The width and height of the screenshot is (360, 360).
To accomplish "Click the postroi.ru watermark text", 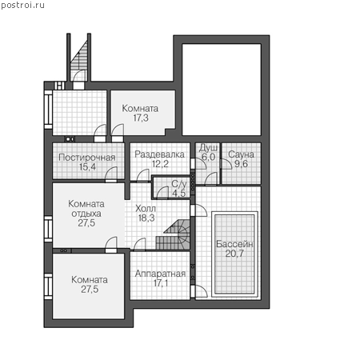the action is click(x=22, y=6).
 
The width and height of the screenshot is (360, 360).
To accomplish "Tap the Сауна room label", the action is click(x=241, y=154).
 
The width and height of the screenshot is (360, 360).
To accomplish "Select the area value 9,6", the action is click(x=241, y=164).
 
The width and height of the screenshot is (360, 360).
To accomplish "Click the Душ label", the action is click(x=208, y=148).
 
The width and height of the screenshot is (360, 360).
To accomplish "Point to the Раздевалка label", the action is click(x=159, y=154).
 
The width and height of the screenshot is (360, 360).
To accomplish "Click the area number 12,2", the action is click(x=160, y=164).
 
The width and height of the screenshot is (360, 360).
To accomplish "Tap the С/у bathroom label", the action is click(x=179, y=184).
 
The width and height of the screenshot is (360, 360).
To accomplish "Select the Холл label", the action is click(x=146, y=208).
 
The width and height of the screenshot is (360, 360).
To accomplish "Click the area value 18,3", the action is click(x=146, y=218).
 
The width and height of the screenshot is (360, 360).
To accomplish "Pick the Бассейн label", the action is click(x=234, y=244).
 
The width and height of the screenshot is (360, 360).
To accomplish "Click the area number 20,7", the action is click(x=234, y=254).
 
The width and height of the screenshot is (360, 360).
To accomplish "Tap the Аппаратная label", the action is click(x=160, y=274).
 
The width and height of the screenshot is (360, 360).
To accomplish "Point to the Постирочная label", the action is click(x=87, y=158).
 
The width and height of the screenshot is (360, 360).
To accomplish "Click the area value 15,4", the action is click(x=87, y=167).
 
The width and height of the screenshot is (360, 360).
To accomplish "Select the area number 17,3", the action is click(x=141, y=118).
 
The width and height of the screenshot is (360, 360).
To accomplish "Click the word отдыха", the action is click(x=86, y=214).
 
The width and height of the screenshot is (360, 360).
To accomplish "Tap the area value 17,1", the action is click(x=161, y=283).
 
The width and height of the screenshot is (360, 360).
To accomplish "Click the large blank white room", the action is click(x=222, y=90).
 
